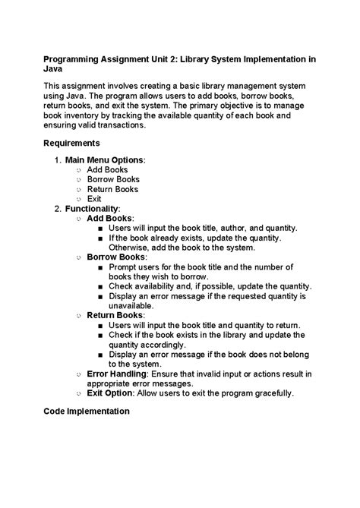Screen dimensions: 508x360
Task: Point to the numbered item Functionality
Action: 92,208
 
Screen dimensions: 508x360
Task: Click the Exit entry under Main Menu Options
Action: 94,199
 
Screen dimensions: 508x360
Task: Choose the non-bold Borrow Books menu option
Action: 113,180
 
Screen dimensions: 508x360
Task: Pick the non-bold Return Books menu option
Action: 112,189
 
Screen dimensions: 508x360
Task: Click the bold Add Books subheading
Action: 109,218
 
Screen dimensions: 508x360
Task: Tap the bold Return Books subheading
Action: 115,314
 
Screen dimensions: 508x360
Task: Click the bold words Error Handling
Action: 115,374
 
